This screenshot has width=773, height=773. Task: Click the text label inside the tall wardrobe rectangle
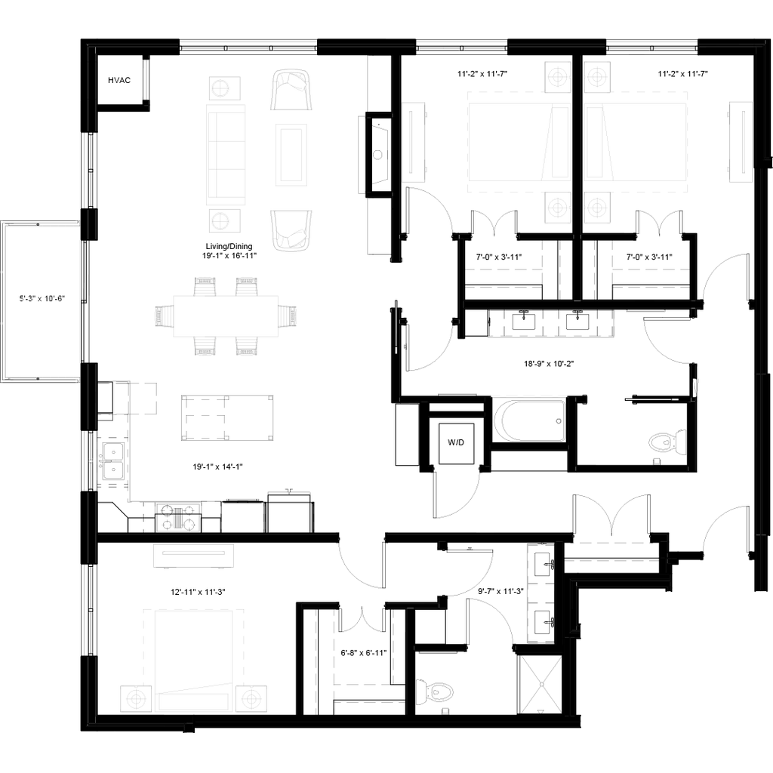(x=42, y=299)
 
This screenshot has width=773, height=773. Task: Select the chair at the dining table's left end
(x=162, y=316)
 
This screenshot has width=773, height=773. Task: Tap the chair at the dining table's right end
(x=289, y=316)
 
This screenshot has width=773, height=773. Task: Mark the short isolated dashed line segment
(x=528, y=395)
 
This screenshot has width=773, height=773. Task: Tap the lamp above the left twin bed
(x=558, y=77)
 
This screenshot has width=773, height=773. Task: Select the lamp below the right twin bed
(x=597, y=208)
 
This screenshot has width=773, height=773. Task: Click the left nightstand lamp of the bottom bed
(x=136, y=698)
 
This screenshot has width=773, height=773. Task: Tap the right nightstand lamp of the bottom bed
(x=251, y=698)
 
